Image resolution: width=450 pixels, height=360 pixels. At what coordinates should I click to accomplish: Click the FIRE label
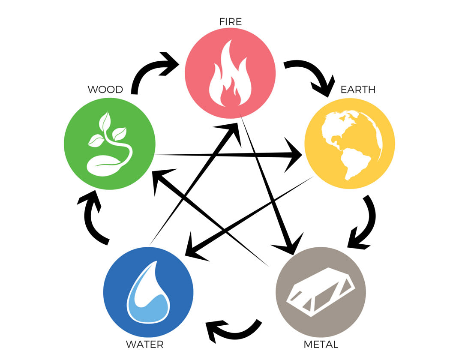click(x=230, y=22)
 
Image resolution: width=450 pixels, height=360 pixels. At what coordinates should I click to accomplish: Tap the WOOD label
click(x=105, y=90)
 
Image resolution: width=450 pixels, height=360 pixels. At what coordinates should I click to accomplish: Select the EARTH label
click(x=358, y=90)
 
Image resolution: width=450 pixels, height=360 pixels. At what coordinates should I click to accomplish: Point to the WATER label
click(x=145, y=344)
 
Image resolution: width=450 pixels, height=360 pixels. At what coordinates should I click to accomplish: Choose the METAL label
click(x=321, y=344)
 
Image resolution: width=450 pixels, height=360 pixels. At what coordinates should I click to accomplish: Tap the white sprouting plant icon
click(x=110, y=144)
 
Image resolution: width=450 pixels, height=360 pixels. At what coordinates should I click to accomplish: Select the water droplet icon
click(x=148, y=292)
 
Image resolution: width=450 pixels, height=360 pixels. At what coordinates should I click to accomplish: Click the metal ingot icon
click(x=321, y=292)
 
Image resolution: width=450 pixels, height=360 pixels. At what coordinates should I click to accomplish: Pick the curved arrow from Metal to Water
click(x=234, y=333)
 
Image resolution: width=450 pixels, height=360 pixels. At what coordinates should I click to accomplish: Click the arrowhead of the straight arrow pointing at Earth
click(x=292, y=155)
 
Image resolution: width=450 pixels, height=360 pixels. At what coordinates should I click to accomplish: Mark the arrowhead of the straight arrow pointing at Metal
click(x=290, y=244)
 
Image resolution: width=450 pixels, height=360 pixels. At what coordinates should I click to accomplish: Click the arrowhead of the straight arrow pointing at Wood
click(x=161, y=180)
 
